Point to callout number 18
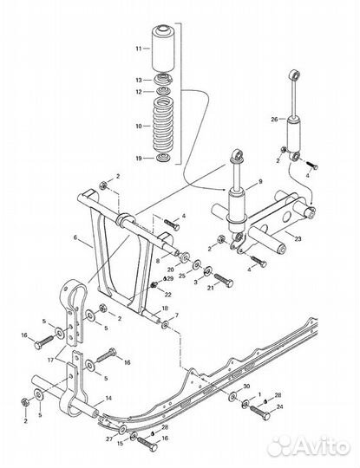(x=165, y=309)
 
